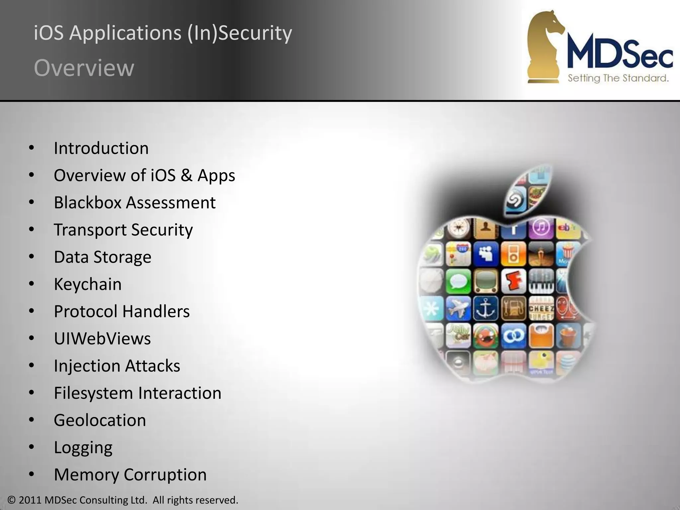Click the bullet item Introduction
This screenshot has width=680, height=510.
101,148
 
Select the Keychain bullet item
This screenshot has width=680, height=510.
88,284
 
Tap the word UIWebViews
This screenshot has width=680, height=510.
102,339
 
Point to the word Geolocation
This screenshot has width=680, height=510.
100,420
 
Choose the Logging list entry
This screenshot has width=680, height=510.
83,448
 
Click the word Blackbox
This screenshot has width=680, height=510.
88,203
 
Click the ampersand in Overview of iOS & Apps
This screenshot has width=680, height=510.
187,175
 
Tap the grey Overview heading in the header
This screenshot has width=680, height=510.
84,68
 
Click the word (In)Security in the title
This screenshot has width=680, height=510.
239,33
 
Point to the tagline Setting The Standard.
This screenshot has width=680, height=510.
618,78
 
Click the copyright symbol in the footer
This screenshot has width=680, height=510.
12,500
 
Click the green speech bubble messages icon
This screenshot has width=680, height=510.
459,281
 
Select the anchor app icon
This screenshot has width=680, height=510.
485,308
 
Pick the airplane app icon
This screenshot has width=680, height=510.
458,308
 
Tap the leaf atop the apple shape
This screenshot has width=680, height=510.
528,191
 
